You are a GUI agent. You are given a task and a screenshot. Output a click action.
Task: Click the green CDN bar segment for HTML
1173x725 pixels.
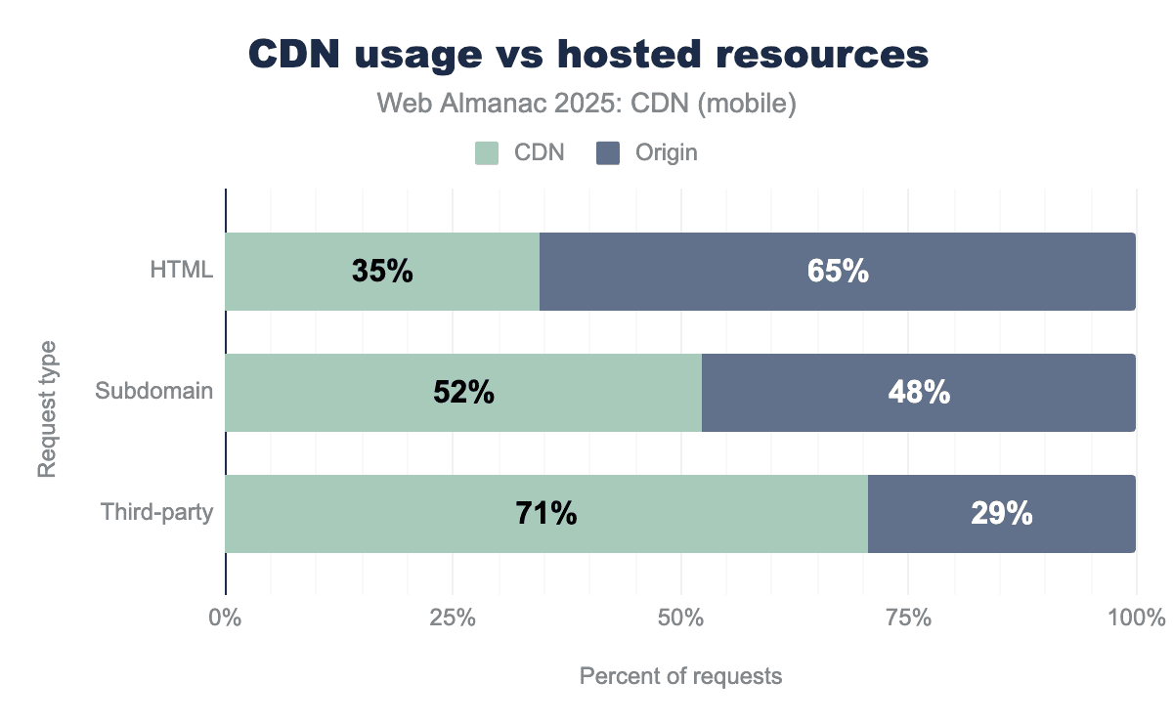(293, 272)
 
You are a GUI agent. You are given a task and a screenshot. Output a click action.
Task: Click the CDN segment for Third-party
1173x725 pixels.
(391, 514)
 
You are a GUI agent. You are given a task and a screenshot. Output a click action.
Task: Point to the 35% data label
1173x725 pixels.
(382, 272)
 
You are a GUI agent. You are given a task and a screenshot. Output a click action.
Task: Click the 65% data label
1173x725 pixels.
(838, 272)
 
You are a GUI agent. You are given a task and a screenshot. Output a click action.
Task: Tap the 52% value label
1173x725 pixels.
(463, 393)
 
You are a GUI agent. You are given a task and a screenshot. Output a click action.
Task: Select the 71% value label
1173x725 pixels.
(545, 514)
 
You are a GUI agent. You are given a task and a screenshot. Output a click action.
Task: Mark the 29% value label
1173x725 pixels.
(1001, 514)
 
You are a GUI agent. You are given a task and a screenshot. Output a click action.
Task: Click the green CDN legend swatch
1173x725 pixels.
(487, 152)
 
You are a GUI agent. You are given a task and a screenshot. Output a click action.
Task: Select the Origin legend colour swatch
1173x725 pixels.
(608, 152)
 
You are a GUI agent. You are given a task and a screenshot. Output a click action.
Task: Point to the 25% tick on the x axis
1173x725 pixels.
(453, 618)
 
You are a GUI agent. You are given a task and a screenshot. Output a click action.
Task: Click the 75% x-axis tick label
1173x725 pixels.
(908, 618)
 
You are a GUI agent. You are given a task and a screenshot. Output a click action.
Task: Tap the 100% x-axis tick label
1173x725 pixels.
(1135, 618)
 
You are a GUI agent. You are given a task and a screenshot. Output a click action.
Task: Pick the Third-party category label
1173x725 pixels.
(157, 512)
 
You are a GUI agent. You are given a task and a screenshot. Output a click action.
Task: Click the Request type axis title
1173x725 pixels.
(46, 408)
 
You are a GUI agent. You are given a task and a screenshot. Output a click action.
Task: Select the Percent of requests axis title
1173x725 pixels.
(680, 676)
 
